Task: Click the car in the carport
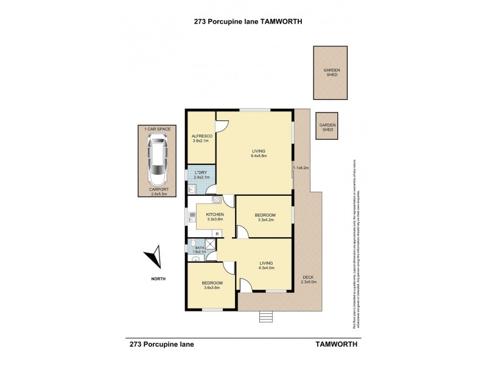(158, 161)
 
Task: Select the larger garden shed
(331, 72)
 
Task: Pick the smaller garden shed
(328, 127)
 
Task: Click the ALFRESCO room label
(201, 136)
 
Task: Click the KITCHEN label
(215, 215)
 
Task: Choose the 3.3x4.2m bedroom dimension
(265, 221)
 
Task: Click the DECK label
(309, 277)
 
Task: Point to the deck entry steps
(265, 317)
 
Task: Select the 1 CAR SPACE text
(158, 130)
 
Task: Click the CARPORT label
(158, 190)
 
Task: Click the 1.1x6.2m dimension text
(301, 168)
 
